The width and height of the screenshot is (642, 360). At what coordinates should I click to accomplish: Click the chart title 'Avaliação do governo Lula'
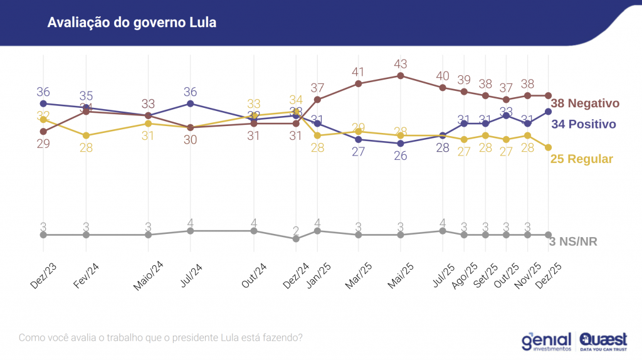(132, 23)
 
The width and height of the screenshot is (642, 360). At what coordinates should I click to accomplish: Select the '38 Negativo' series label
(585, 103)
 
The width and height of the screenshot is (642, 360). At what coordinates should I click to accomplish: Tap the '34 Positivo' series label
(584, 124)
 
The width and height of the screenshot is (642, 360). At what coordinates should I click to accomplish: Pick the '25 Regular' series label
(581, 159)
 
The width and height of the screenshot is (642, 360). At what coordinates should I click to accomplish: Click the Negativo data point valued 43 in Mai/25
(401, 76)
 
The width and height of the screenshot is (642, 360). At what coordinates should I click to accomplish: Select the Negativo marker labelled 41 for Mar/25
(358, 83)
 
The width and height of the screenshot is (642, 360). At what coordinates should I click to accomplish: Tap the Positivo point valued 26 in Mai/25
(401, 143)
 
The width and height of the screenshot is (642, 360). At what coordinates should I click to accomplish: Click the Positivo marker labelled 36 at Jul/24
(191, 103)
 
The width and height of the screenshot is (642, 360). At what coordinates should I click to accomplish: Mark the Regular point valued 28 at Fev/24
(87, 135)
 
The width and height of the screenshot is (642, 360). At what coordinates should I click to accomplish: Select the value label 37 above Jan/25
(317, 87)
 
